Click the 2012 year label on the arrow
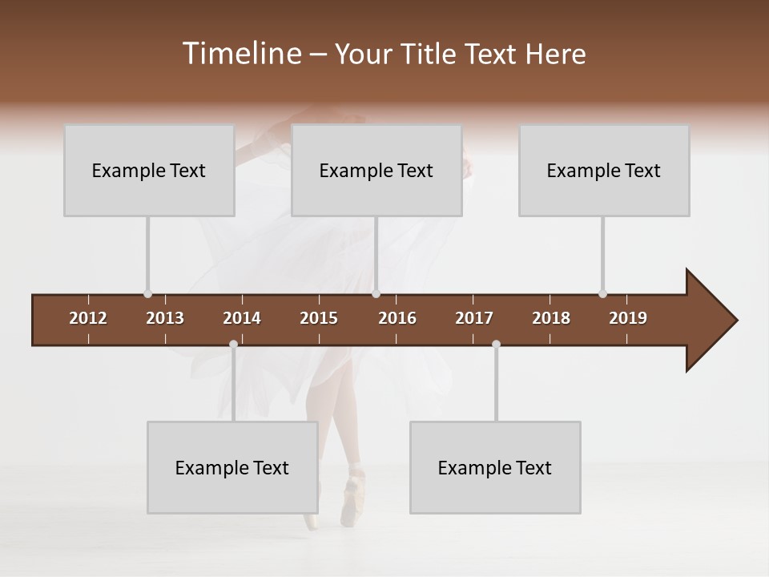(x=88, y=318)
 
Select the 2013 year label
(x=165, y=318)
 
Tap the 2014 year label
(x=242, y=318)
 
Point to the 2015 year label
(x=319, y=318)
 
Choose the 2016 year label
(x=397, y=318)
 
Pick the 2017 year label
(x=474, y=318)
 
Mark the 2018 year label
(x=551, y=318)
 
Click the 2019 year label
(x=628, y=318)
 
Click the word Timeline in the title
(x=240, y=54)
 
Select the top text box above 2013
(x=149, y=171)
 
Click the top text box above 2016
(x=376, y=171)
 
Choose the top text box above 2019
(x=604, y=171)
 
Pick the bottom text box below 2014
(x=232, y=468)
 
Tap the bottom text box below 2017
(x=495, y=468)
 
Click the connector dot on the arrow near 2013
(x=147, y=294)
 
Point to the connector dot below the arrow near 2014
(x=233, y=344)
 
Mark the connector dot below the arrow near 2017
(x=496, y=344)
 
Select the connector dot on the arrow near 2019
(x=602, y=293)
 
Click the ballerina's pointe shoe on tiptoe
(x=351, y=501)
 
